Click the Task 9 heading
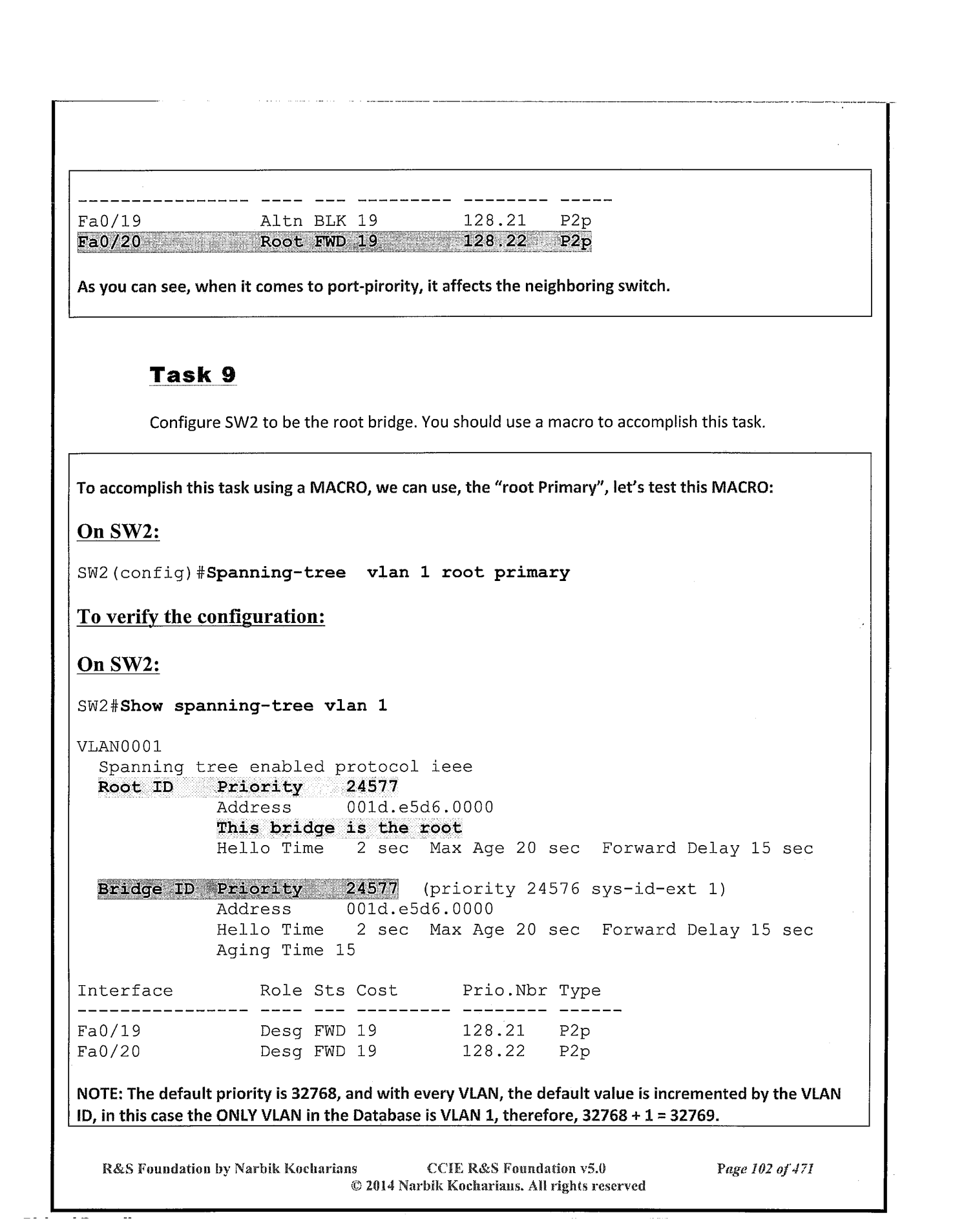click(x=193, y=375)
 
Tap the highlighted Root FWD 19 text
click(x=319, y=242)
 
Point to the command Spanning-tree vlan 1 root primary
click(x=388, y=573)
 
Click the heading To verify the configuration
click(x=200, y=617)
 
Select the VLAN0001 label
click(x=119, y=747)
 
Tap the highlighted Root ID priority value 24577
click(x=372, y=788)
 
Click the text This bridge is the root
click(x=339, y=828)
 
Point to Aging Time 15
click(x=286, y=950)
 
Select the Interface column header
click(x=125, y=991)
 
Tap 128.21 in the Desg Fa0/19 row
click(x=494, y=1032)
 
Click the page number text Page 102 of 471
click(x=764, y=1168)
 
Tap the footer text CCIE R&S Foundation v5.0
click(x=516, y=1168)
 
